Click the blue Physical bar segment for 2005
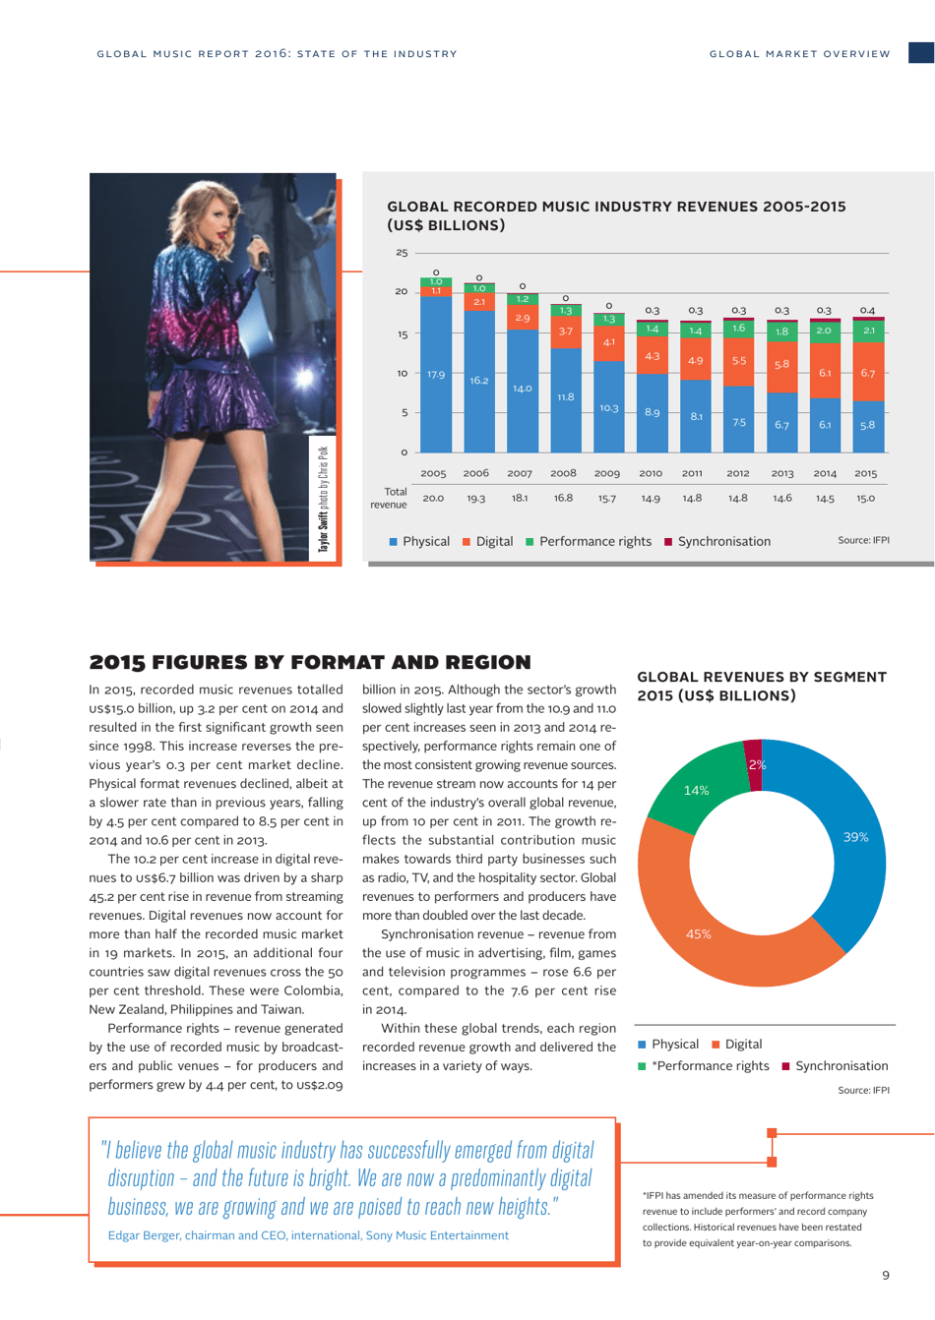436,374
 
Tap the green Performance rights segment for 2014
824,331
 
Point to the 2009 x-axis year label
607,473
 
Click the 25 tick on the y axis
402,253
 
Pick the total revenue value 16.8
563,498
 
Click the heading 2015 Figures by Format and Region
310,662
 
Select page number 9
885,1275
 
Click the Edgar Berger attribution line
308,1235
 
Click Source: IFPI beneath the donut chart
863,1090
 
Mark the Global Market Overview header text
799,54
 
